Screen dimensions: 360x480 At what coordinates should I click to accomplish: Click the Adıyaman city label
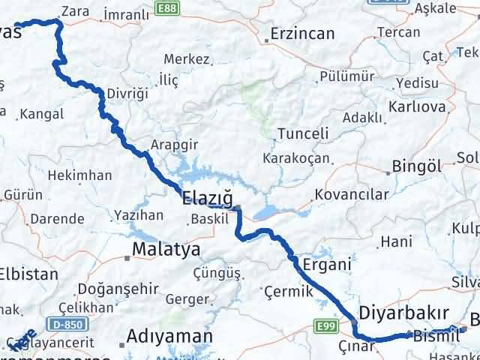169,335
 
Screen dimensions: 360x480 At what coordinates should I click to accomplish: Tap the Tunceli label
303,133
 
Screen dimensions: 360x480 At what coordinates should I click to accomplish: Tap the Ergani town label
327,264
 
